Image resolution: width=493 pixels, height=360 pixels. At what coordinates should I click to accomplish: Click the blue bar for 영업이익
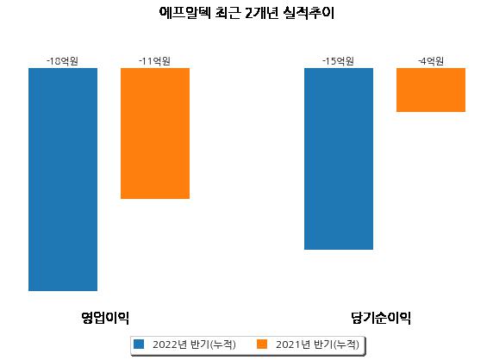tap(63, 179)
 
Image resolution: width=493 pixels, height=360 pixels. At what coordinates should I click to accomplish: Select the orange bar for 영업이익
tap(155, 133)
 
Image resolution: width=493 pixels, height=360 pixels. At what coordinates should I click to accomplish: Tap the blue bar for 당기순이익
tap(339, 158)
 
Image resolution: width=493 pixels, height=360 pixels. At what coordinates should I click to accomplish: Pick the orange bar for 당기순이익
tap(431, 90)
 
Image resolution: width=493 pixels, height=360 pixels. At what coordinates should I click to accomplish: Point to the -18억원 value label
tap(62, 61)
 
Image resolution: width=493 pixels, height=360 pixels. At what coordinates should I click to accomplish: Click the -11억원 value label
tap(154, 61)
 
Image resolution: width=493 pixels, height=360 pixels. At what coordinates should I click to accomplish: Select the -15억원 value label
tap(339, 61)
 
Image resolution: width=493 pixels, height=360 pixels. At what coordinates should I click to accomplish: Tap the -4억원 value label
tap(431, 61)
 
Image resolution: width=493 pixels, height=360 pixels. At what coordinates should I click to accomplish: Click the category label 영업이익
tap(105, 318)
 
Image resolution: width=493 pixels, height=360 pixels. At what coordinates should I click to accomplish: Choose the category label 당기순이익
tap(381, 318)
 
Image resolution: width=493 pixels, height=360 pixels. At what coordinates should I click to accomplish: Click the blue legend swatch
tap(139, 344)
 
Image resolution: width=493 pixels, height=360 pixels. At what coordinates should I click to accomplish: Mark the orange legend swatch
tap(262, 344)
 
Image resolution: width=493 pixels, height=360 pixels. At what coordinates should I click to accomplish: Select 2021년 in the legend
tap(293, 344)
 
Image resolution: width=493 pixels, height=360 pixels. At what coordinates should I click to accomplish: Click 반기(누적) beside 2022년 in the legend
tap(213, 344)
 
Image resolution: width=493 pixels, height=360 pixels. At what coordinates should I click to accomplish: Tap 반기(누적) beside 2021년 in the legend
tap(336, 344)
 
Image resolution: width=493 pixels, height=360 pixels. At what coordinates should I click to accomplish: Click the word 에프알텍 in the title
tap(184, 13)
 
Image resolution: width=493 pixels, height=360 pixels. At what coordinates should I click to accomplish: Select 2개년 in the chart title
tap(261, 13)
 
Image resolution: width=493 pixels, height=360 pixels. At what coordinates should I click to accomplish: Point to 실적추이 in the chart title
tap(309, 13)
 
